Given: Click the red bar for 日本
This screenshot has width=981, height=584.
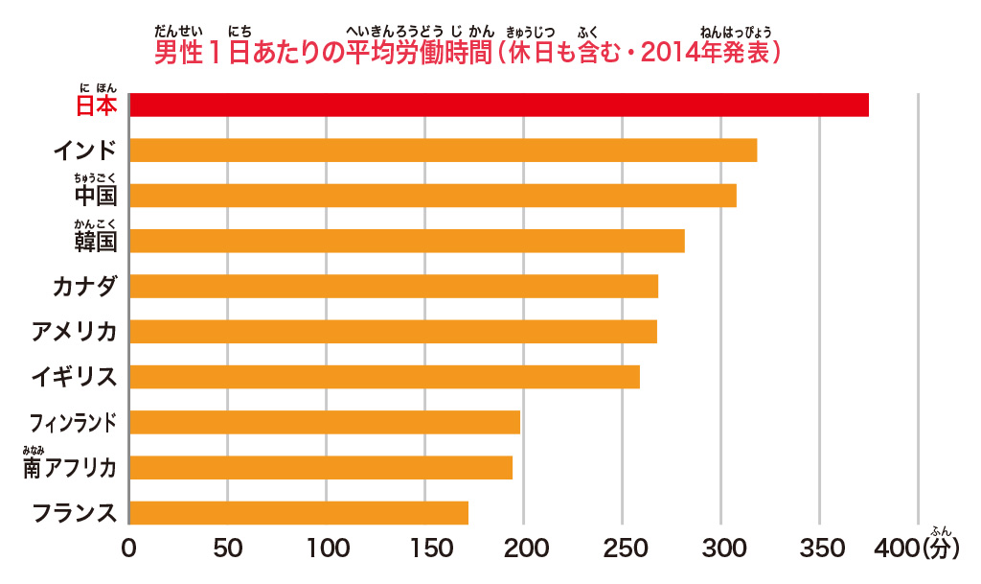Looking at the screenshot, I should [498, 105].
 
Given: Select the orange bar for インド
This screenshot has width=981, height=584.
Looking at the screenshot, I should [443, 151].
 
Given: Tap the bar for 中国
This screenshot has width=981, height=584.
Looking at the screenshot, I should [432, 196].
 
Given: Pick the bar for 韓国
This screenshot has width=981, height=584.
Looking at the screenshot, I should [406, 241].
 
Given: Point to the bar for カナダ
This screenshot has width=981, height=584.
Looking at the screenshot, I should [393, 286].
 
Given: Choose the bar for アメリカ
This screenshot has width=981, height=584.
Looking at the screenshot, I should [393, 331].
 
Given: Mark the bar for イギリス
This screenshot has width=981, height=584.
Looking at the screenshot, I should [384, 376].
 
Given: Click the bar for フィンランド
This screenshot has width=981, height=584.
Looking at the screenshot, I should [324, 422].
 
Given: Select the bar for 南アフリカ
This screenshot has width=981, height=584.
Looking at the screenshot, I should [320, 467].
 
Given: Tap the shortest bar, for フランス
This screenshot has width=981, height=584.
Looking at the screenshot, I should [298, 512].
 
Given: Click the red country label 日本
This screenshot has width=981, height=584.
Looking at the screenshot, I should [96, 105].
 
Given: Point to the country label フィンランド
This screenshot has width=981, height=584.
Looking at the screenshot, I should [74, 422].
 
